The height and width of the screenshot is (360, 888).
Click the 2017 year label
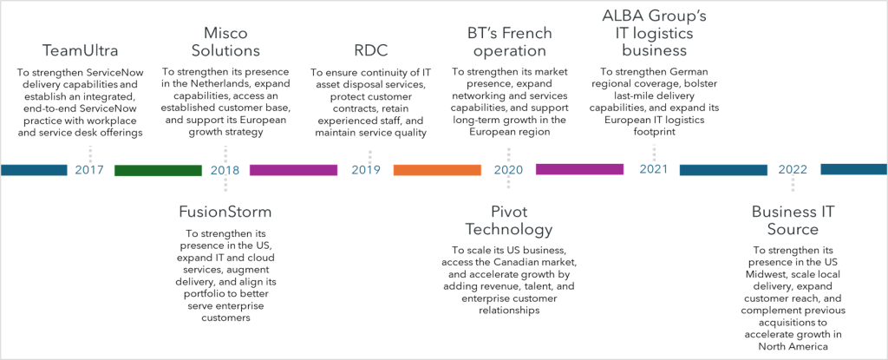[x=89, y=170]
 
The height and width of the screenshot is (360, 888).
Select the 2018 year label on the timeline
[x=225, y=170]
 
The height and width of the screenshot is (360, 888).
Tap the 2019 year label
[x=366, y=170]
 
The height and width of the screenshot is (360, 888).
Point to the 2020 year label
[x=508, y=170]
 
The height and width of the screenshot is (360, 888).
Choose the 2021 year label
[x=653, y=169]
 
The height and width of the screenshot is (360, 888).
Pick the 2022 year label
[x=793, y=170]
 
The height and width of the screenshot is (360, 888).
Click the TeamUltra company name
[x=81, y=51]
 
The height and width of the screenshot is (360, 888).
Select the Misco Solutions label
[x=225, y=42]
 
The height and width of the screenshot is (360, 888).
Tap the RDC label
[x=370, y=51]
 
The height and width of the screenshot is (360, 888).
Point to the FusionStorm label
[x=225, y=212]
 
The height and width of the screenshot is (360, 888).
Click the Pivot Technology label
[x=509, y=220]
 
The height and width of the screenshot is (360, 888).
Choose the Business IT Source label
[x=793, y=220]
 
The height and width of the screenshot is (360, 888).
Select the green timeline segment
[x=158, y=170]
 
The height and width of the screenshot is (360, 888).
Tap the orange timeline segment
[x=437, y=170]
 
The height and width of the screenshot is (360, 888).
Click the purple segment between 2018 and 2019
[x=293, y=170]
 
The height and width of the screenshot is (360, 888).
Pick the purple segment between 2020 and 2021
[x=579, y=169]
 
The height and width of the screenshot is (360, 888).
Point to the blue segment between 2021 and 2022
[x=723, y=170]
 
